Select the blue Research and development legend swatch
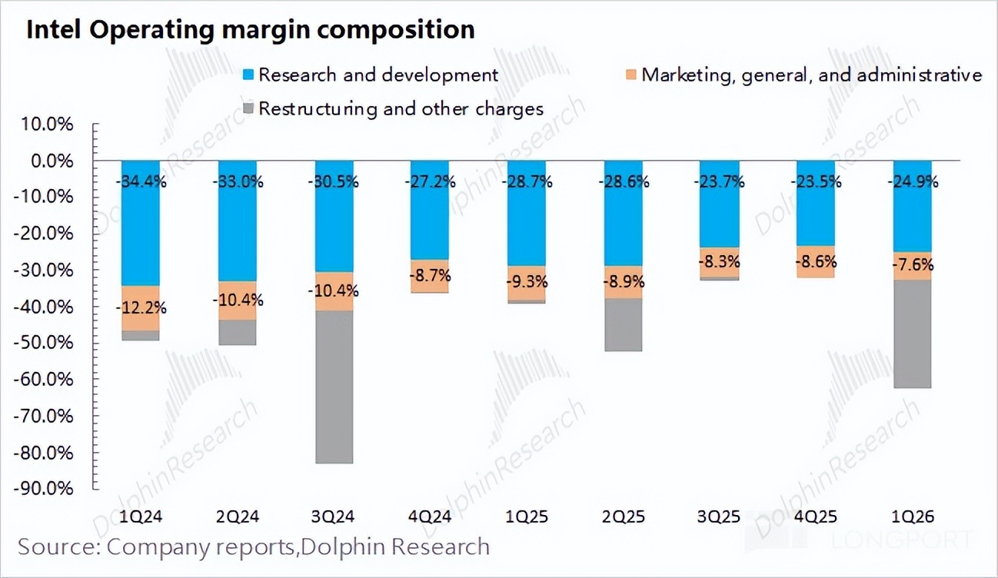[x=248, y=75]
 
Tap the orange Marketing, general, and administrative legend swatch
[x=631, y=75]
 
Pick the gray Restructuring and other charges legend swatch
[x=248, y=109]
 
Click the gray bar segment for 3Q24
[x=334, y=387]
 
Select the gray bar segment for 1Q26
[x=913, y=334]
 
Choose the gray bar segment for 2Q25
[x=623, y=324]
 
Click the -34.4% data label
[x=141, y=183]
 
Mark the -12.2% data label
[x=141, y=307]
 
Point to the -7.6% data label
[x=913, y=265]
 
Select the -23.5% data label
[x=816, y=183]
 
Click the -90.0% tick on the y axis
[x=51, y=489]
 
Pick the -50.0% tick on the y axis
[x=51, y=344]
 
